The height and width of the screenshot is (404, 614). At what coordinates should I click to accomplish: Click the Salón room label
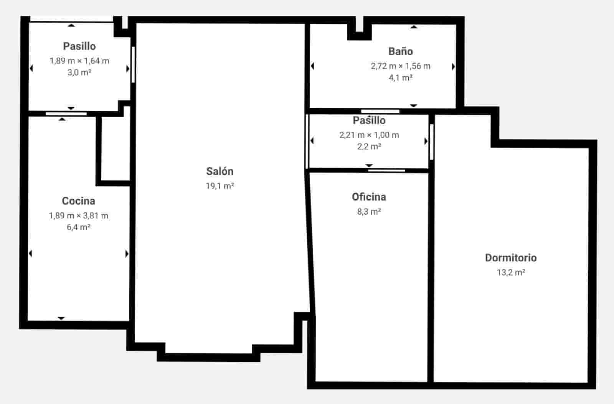click(x=220, y=171)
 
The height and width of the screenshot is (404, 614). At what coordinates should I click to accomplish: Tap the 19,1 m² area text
click(x=220, y=186)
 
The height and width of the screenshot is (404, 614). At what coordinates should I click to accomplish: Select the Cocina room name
click(x=78, y=201)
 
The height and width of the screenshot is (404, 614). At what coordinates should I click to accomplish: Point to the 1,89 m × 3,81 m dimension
click(x=78, y=215)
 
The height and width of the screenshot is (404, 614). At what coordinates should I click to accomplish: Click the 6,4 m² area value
click(x=78, y=227)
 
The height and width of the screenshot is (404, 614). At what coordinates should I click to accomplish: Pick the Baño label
click(x=400, y=51)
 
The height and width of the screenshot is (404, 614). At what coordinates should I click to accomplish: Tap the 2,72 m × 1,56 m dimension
click(x=400, y=66)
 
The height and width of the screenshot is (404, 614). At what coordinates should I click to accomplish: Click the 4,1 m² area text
click(x=400, y=77)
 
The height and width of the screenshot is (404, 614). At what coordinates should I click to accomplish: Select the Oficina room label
click(x=369, y=197)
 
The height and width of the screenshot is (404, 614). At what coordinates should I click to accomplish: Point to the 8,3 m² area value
click(x=369, y=211)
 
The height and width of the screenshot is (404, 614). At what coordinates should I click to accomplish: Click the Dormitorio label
click(x=510, y=258)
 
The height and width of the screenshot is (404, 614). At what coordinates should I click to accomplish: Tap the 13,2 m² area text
click(x=510, y=272)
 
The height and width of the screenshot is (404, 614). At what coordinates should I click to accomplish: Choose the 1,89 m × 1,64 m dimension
click(x=79, y=61)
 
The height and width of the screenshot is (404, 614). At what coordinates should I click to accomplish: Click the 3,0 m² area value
click(x=79, y=72)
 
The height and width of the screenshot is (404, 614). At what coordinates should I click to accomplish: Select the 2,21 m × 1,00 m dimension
click(x=369, y=135)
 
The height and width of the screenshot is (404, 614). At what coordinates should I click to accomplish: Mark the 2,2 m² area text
click(x=369, y=146)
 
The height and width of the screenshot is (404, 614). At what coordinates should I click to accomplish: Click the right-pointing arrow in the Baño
click(x=453, y=67)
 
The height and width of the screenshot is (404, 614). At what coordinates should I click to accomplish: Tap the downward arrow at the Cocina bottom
click(x=61, y=318)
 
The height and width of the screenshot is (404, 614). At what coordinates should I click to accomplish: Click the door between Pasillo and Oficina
click(x=386, y=170)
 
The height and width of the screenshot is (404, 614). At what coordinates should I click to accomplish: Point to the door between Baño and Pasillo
click(x=380, y=112)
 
